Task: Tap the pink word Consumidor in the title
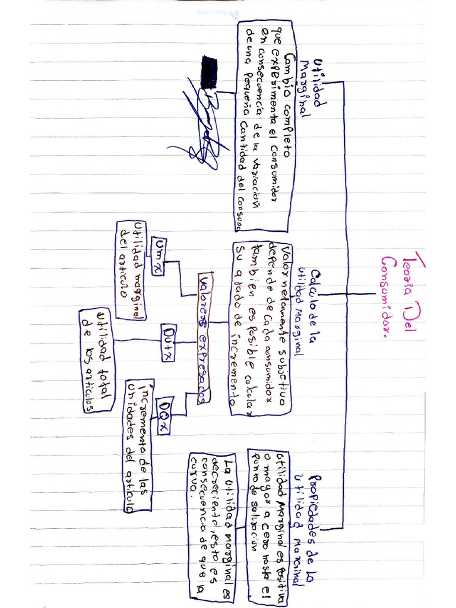(x=390, y=297)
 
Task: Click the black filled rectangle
(x=209, y=72)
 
